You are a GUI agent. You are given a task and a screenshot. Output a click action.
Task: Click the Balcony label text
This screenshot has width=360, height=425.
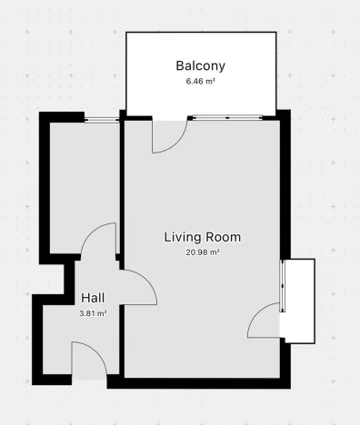199,65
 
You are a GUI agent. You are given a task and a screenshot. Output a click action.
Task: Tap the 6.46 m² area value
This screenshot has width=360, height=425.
199,81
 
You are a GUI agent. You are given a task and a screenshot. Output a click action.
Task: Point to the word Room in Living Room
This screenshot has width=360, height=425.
224,237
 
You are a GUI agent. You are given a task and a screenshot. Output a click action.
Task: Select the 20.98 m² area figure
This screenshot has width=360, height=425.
202,253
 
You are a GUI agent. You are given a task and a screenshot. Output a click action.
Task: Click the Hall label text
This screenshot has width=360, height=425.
93,297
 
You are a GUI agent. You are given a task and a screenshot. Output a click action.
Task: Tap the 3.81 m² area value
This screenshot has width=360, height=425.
93,312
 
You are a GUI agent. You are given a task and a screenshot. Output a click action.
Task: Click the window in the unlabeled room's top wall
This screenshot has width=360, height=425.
102,117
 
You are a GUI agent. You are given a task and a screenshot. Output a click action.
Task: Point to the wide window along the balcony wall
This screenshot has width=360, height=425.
226,117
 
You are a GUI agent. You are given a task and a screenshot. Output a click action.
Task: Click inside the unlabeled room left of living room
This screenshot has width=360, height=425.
82,182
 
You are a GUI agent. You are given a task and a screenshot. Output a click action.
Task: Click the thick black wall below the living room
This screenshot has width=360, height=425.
200,382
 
